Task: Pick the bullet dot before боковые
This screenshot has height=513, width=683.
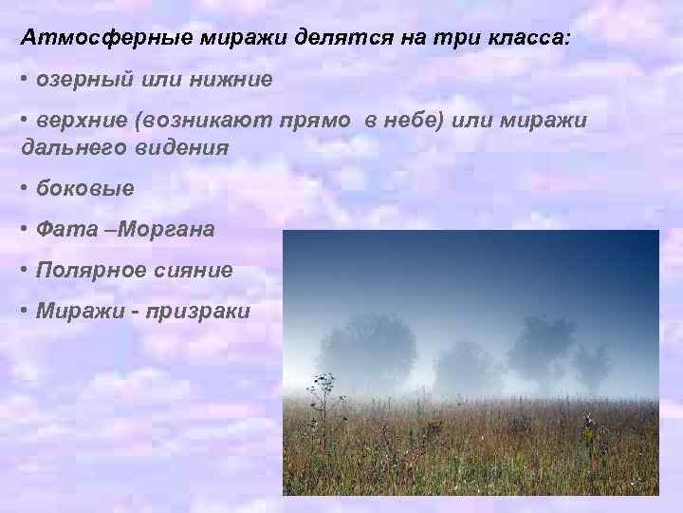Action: pos(25,188)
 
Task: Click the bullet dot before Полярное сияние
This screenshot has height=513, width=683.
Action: pos(25,270)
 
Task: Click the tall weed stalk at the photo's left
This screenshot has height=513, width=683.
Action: pos(319,418)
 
